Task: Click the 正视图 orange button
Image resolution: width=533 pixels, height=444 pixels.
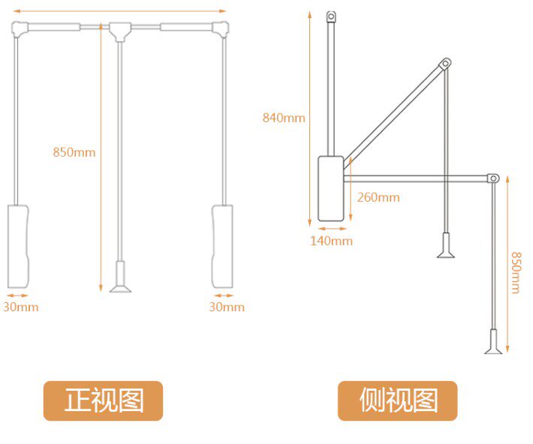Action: pyautogui.click(x=103, y=400)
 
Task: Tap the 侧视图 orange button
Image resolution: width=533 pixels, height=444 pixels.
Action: pyautogui.click(x=397, y=400)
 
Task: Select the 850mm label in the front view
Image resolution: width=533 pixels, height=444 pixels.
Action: pyautogui.click(x=74, y=151)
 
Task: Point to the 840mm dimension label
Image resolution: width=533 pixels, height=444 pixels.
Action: pyautogui.click(x=284, y=117)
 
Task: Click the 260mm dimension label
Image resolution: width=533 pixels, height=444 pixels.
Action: pyautogui.click(x=378, y=197)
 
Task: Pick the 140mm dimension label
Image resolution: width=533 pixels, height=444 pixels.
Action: pyautogui.click(x=331, y=241)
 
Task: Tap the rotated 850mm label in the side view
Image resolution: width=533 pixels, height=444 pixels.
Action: pyautogui.click(x=516, y=272)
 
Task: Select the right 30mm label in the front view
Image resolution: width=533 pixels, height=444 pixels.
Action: pyautogui.click(x=226, y=307)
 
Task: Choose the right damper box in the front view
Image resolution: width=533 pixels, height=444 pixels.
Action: pyautogui.click(x=222, y=245)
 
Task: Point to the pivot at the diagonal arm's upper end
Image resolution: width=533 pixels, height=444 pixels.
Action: pyautogui.click(x=445, y=64)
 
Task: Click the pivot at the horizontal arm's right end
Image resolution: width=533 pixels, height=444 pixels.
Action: pyautogui.click(x=493, y=178)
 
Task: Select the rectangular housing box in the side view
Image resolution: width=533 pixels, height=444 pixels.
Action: pyautogui.click(x=330, y=188)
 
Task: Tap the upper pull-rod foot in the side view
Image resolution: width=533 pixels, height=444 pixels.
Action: pyautogui.click(x=446, y=247)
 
